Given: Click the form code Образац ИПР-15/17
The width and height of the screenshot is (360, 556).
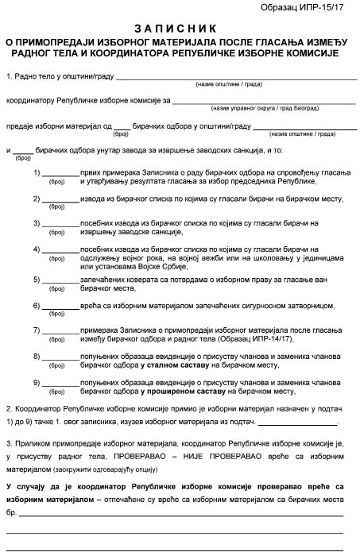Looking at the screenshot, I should point(308,9).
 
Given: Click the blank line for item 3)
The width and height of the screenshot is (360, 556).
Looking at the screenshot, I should point(60,225).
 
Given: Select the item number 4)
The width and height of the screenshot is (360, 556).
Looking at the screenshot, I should point(37,249).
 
